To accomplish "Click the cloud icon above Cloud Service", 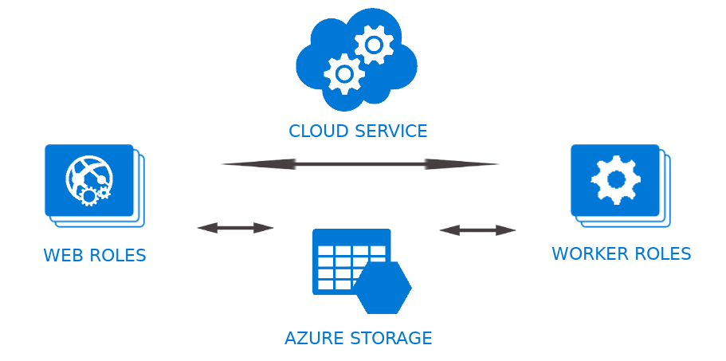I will [x=355, y=60].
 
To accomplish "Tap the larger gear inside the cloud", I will [x=373, y=45].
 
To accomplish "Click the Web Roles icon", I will [x=92, y=183].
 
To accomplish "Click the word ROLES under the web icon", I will [x=118, y=256].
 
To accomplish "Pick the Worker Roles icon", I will [x=618, y=183].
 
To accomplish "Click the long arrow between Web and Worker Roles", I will [x=360, y=164].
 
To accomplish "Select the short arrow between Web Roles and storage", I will [x=235, y=228].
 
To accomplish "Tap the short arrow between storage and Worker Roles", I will [x=477, y=230].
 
